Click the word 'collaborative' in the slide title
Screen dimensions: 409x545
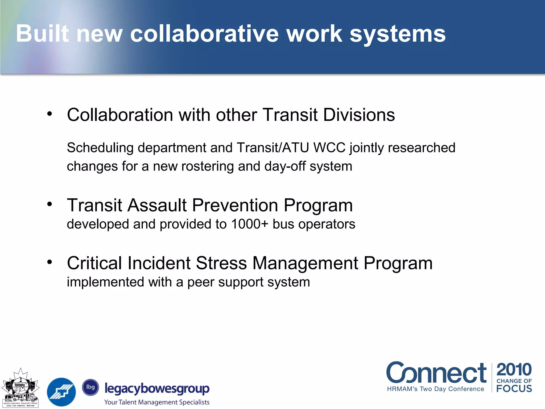(204, 34)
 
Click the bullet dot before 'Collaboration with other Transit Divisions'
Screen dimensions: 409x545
(49, 114)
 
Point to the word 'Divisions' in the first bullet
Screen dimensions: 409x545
(359, 115)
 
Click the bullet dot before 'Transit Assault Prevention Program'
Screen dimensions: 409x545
(49, 204)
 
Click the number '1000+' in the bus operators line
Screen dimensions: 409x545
(250, 224)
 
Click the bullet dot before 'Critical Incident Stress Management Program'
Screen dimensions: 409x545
(49, 262)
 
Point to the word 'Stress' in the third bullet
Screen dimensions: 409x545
(221, 263)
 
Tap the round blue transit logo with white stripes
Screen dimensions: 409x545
(61, 392)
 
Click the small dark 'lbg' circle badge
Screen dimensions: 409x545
(90, 387)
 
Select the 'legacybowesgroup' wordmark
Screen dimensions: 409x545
(157, 389)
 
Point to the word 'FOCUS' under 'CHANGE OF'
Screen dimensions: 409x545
(514, 388)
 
